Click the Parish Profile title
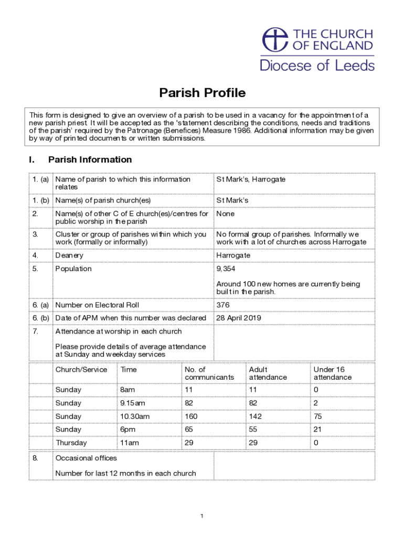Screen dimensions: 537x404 202,93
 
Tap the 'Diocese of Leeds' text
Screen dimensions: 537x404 317,66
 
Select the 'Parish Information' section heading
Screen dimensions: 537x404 90,159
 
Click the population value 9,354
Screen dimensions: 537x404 227,269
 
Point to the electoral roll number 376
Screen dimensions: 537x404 223,305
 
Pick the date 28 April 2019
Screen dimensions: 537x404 239,318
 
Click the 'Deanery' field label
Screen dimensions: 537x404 69,255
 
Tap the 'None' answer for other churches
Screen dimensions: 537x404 226,214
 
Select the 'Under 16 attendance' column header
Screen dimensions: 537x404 333,373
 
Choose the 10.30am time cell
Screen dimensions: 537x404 135,416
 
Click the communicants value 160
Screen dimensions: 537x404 191,416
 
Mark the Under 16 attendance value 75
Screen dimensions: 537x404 318,416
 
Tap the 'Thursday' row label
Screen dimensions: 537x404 71,443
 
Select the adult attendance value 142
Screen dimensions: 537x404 256,416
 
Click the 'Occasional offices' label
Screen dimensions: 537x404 86,458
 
